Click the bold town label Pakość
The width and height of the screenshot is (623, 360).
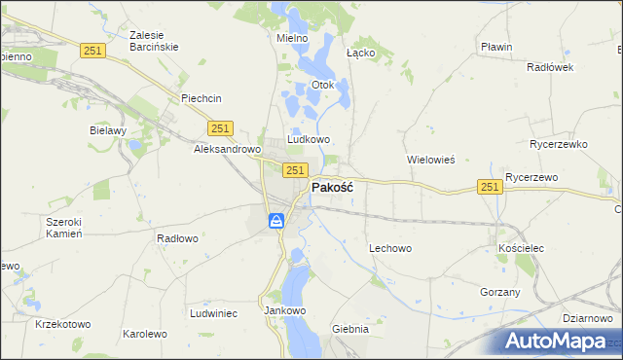tap(331, 188)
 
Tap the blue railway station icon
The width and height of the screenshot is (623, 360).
tap(277, 222)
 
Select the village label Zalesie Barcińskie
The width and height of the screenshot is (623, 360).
tap(153, 41)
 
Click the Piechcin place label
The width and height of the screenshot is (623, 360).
tap(202, 98)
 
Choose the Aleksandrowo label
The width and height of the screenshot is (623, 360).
tap(228, 150)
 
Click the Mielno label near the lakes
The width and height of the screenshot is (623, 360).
tap(292, 38)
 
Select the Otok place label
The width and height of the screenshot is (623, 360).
tap(322, 85)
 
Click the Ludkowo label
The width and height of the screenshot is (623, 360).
tap(309, 139)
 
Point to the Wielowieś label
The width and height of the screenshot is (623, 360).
tap(430, 159)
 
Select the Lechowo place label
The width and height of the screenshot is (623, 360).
tap(390, 248)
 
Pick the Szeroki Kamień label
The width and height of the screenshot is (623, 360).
tap(64, 228)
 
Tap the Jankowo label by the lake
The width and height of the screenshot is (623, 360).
tap(285, 311)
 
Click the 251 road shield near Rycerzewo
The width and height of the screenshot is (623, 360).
tap(490, 187)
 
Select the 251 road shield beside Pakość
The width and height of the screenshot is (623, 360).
tap(296, 170)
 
